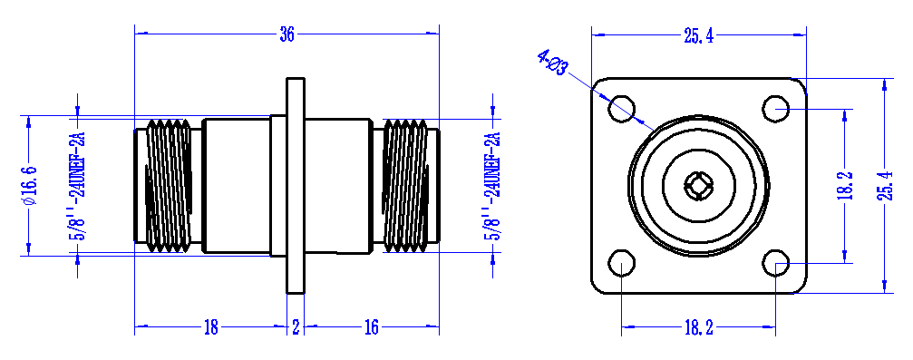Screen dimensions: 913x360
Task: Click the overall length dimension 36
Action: click(287, 35)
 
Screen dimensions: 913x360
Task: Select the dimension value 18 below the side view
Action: click(210, 328)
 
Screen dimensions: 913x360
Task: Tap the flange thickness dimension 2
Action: click(296, 328)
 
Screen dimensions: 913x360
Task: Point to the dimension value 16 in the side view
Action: click(371, 328)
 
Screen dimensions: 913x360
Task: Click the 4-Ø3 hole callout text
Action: click(552, 62)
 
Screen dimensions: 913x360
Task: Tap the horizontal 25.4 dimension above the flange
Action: click(699, 36)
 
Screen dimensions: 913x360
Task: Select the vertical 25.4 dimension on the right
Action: click(884, 185)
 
